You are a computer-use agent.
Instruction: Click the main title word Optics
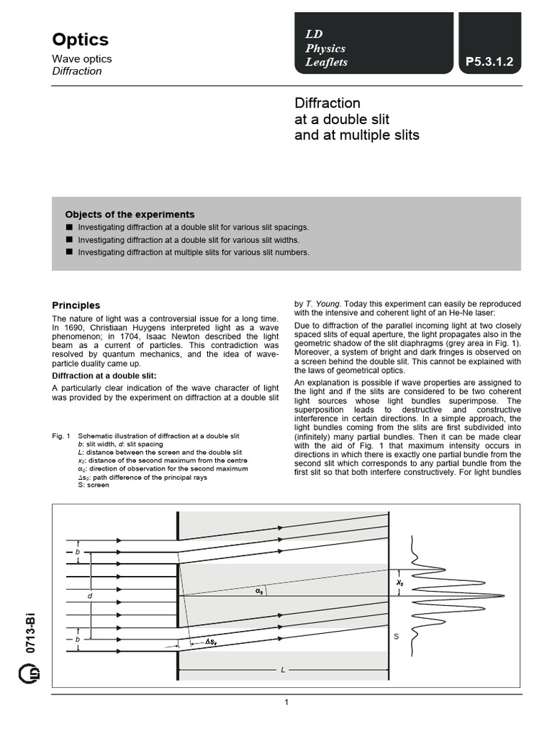[x=80, y=39]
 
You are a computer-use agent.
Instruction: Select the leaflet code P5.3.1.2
[x=489, y=63]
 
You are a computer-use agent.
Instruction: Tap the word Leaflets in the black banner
[x=326, y=63]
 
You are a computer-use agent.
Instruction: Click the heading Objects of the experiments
[x=130, y=215]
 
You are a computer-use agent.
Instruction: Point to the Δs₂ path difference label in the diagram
[x=212, y=642]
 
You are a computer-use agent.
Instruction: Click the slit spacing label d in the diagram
[x=90, y=595]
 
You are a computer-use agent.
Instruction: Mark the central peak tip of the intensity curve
[x=504, y=596]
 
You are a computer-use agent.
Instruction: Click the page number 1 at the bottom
[x=286, y=703]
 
